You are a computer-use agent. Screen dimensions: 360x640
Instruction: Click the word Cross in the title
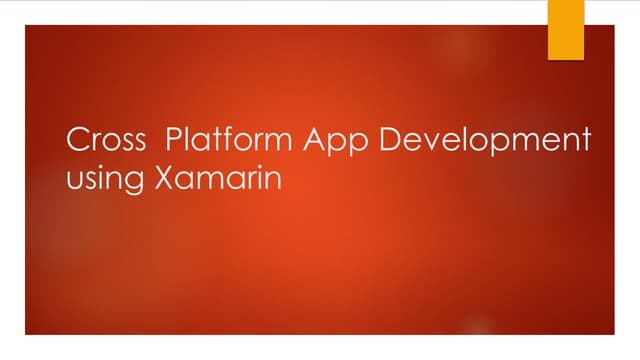pos(102,140)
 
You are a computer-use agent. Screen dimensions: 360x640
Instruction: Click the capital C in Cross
pos(75,140)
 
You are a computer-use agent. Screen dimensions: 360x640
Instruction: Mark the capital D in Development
pos(396,140)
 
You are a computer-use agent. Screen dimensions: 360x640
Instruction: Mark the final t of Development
pos(585,141)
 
